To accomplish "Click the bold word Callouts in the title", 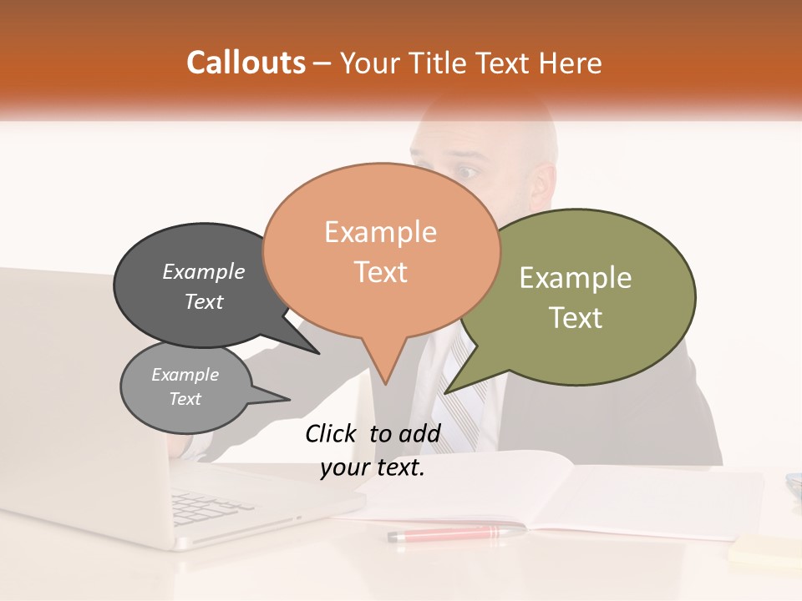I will tap(246, 63).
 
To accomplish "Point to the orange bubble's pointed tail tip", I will tap(385, 383).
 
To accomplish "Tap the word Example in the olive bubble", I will tap(576, 278).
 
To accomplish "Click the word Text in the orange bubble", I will tap(381, 272).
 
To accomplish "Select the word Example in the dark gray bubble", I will tap(204, 272).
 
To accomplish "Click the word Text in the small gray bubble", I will tap(185, 399).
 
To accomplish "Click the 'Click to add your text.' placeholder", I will tap(373, 451).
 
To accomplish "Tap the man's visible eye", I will tap(467, 173).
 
